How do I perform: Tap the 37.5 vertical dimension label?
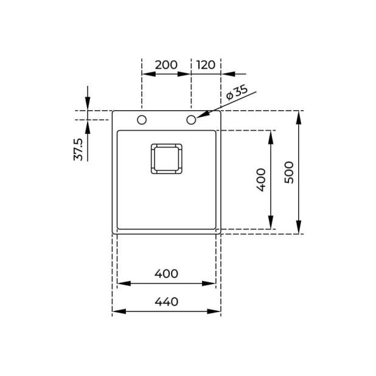tap(78, 149)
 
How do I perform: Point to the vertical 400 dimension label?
tap(261, 180)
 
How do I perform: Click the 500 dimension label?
tap(289, 172)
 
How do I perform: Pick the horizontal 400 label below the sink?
tap(166, 274)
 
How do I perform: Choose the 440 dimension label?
tap(166, 301)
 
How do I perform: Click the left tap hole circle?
tap(142, 119)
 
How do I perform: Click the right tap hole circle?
tap(191, 119)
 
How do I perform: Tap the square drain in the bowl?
tap(166, 158)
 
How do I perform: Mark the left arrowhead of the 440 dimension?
tap(116, 311)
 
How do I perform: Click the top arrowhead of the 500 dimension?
tap(299, 116)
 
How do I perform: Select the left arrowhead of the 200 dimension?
tap(145, 74)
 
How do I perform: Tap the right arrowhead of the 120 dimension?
tap(217, 74)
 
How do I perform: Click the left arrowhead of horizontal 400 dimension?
tap(120, 283)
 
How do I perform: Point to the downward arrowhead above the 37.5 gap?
tap(88, 106)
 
